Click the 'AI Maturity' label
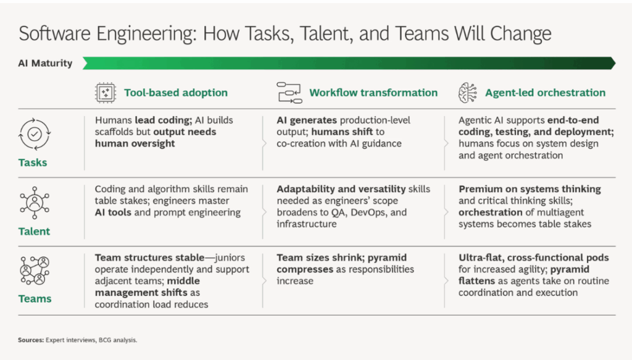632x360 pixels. (x=45, y=63)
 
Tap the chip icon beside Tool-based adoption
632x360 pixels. (x=106, y=93)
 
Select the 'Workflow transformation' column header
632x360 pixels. (x=373, y=93)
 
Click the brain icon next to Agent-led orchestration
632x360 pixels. (x=468, y=93)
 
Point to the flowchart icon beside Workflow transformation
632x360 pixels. (x=289, y=93)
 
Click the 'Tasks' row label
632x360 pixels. (x=33, y=162)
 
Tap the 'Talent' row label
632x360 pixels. (x=35, y=232)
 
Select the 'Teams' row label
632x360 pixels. (x=35, y=299)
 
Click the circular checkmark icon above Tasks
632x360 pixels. (x=35, y=134)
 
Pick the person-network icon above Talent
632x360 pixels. (x=35, y=203)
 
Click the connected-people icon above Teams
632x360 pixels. (x=35, y=270)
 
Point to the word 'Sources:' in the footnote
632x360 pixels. (x=31, y=340)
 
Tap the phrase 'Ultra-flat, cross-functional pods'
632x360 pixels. (x=534, y=257)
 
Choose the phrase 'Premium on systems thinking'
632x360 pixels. (x=530, y=189)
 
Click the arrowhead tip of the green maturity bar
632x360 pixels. (x=615, y=63)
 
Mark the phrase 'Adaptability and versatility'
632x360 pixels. (x=341, y=189)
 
